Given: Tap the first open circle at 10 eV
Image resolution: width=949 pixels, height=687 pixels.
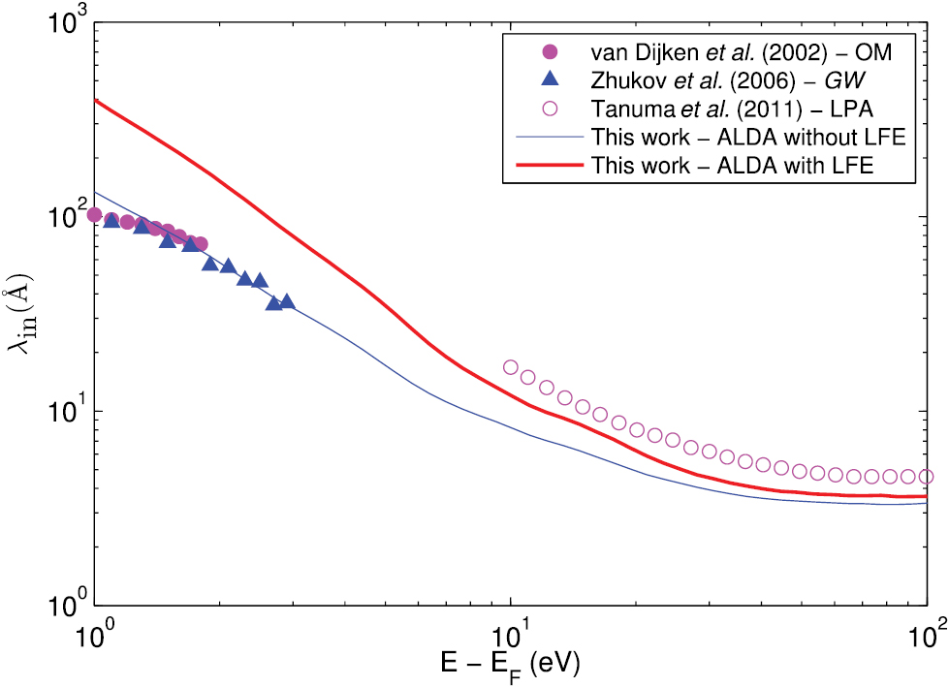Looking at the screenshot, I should (x=511, y=367).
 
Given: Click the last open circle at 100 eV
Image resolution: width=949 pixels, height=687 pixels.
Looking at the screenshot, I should (x=926, y=476).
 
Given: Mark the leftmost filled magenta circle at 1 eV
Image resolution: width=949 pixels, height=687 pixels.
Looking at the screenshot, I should (x=95, y=214).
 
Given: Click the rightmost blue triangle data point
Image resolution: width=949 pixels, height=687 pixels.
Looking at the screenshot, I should (x=287, y=301).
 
